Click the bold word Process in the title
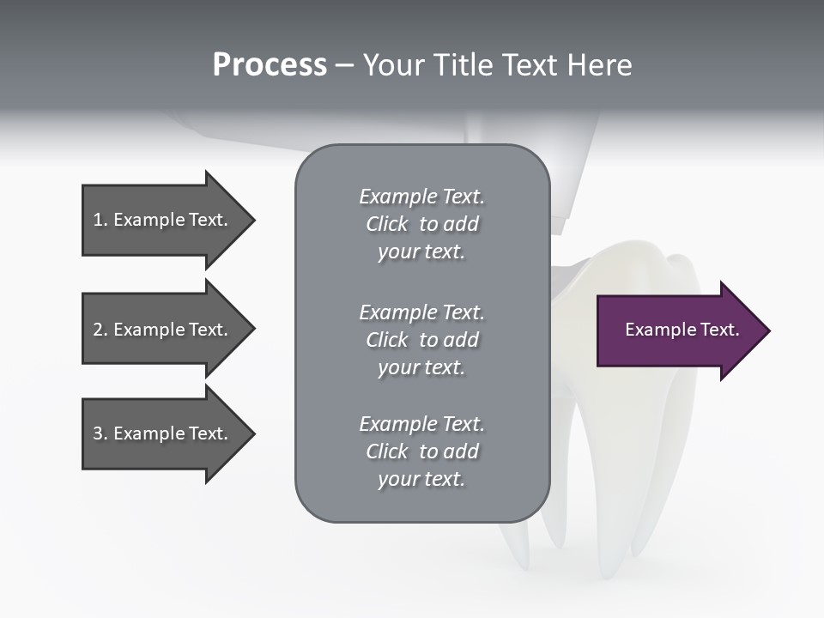(x=270, y=65)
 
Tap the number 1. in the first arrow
(x=100, y=221)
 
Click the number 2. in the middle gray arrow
(x=100, y=330)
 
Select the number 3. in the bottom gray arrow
(x=100, y=433)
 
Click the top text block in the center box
(x=421, y=224)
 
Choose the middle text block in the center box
(x=421, y=340)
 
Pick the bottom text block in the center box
(x=421, y=451)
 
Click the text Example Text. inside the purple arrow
(x=682, y=330)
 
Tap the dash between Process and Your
(x=345, y=66)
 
